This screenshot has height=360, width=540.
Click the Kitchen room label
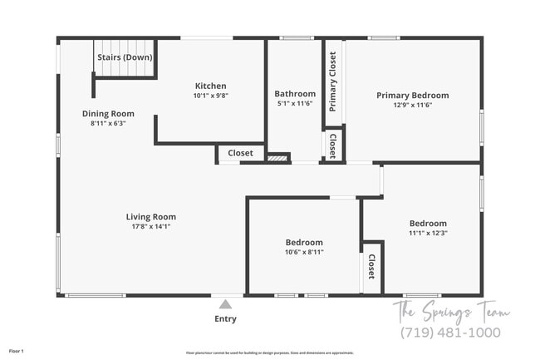pos(210,86)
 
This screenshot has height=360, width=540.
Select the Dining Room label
pos(108,114)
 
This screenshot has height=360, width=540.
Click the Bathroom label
pos(295,94)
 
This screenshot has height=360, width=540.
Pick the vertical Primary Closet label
pos(333,81)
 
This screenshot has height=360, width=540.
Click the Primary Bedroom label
pos(412,96)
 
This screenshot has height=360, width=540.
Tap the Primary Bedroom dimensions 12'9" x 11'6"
pos(412,106)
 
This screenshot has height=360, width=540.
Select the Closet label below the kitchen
pos(241,153)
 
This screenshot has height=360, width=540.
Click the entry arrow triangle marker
pos(225,304)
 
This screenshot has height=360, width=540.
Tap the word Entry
pos(225,318)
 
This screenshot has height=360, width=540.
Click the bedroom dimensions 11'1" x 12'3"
pos(428,233)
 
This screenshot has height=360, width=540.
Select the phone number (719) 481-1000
pos(451,333)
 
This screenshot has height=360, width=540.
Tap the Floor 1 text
pos(17,352)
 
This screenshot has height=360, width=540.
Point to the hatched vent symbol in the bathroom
pos(277,156)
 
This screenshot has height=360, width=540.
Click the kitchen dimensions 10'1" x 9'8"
pos(210,96)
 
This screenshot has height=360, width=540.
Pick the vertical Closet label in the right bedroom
pos(371,268)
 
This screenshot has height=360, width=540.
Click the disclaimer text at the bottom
pos(270,352)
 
